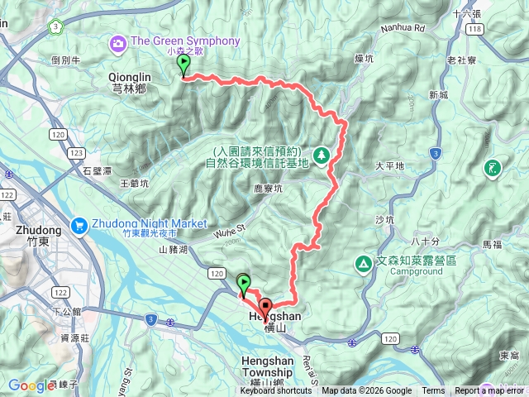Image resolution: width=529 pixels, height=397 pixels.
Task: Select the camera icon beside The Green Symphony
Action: pos(117,41)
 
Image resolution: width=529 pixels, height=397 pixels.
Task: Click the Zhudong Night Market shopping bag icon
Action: pos(80,223)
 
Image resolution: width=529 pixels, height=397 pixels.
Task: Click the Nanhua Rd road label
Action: pos(403,27)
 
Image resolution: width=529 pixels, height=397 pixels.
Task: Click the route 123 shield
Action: pos(77,153)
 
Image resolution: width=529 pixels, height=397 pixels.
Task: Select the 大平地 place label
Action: pos(389,166)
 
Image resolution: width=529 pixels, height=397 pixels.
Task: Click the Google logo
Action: pos(31,385)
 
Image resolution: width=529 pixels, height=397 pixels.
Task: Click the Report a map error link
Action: pos(488,391)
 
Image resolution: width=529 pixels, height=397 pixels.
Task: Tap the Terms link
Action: pos(433,391)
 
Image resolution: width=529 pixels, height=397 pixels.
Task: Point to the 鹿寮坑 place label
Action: pos(268,189)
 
